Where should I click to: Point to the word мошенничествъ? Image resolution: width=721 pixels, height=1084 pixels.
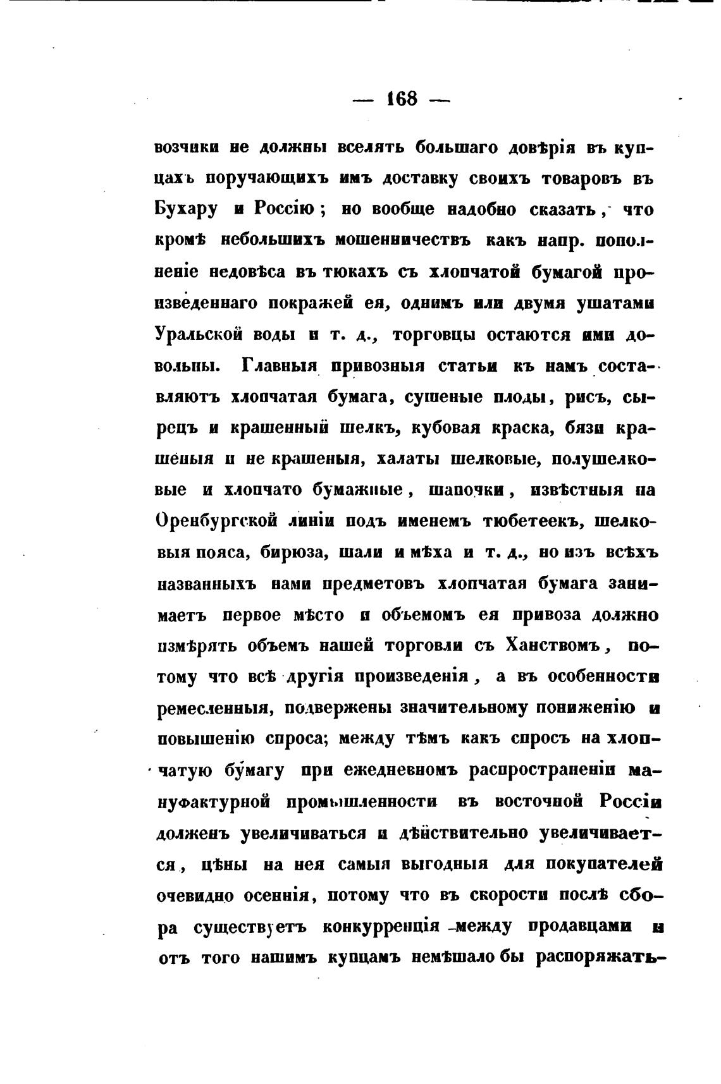405,241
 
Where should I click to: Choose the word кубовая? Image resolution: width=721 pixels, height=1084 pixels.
448,428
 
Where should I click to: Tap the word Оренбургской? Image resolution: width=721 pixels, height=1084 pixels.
217,521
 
